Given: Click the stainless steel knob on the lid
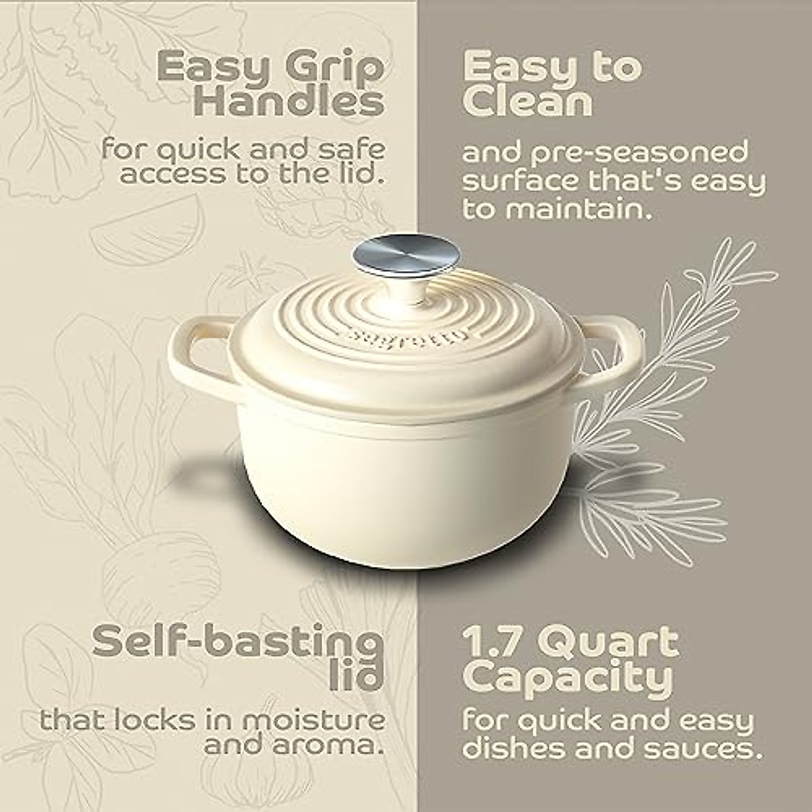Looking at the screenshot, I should coord(406,256).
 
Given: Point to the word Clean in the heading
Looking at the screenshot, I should coord(528,103).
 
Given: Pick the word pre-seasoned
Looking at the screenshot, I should coord(633,153).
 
